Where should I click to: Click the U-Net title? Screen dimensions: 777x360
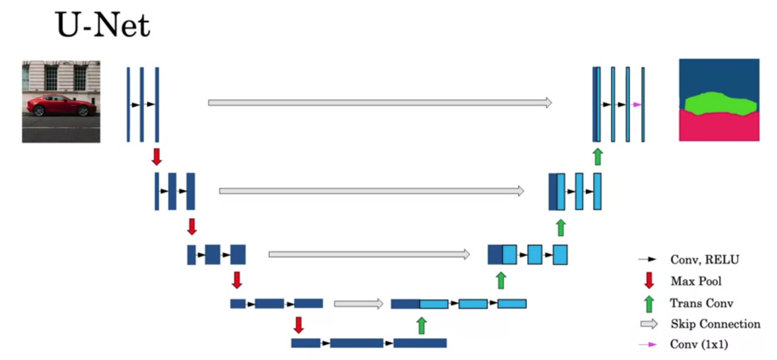pos(102,25)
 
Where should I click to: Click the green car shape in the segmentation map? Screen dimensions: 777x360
pos(720,104)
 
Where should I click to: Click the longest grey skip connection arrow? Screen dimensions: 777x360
pos(380,103)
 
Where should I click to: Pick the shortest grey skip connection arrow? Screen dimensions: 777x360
pos(358,304)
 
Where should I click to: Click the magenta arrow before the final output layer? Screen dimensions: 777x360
pos(637,104)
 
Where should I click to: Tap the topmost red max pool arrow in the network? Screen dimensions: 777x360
pos(157,156)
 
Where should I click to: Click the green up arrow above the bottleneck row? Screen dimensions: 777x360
pos(421,325)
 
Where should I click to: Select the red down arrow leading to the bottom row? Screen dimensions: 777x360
pos(299,325)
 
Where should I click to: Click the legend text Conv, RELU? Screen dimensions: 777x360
pos(704,260)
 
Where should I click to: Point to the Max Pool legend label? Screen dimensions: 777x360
pos(696,281)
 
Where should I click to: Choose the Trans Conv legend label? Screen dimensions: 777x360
pos(702,303)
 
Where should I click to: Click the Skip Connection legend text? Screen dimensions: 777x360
pos(716,324)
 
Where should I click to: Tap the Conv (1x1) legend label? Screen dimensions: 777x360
pos(699,344)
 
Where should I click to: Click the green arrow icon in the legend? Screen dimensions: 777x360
pos(649,304)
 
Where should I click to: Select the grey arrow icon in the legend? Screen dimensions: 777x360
pos(649,324)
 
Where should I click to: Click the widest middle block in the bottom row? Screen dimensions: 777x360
pos(357,343)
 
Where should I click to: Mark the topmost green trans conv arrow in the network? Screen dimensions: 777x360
pos(598,156)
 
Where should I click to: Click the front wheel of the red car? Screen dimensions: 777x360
pos(39,111)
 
